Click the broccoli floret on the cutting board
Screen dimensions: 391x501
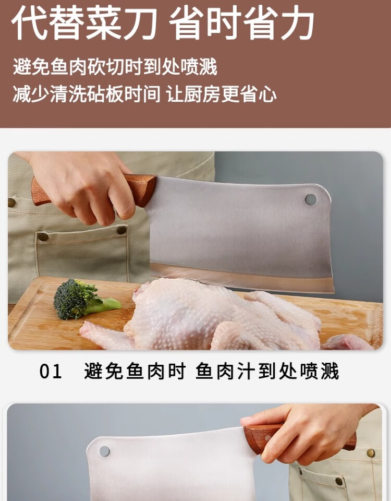80,299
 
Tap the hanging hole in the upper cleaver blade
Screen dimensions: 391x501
311,200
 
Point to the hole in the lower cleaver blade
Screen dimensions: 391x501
104,451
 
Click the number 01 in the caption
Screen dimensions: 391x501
51,372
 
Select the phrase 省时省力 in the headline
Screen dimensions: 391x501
241,22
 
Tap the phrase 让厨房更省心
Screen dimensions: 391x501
221,94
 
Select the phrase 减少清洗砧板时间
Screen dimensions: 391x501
87,94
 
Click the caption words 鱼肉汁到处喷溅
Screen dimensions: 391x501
267,371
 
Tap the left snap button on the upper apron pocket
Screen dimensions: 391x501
43,237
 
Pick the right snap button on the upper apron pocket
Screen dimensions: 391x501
121,230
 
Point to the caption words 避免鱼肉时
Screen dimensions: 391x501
135,371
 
